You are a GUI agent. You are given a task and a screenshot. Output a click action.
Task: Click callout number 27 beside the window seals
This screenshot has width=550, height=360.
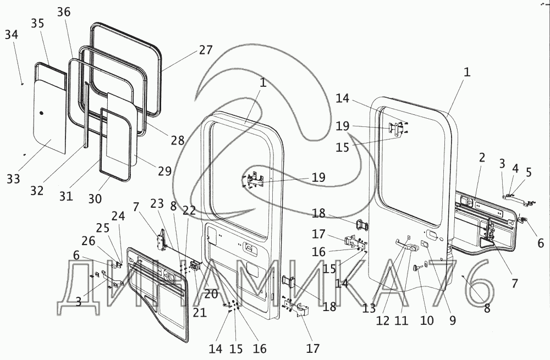click(205, 50)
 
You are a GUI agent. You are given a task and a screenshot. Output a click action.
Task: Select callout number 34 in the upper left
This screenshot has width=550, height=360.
click(12, 35)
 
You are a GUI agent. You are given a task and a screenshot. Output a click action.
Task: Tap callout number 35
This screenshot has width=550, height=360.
click(37, 24)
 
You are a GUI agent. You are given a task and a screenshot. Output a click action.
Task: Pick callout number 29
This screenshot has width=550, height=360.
click(165, 171)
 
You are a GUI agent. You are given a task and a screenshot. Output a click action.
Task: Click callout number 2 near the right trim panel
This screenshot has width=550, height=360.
click(482, 157)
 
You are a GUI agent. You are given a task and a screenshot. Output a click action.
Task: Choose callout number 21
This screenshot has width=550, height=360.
click(200, 313)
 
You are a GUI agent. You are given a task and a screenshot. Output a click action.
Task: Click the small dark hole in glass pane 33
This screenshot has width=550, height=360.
click(42, 114)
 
